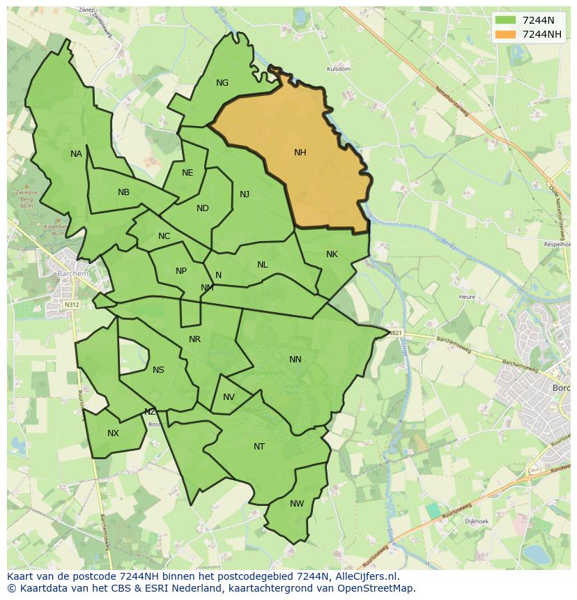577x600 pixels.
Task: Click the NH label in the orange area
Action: [x=300, y=153]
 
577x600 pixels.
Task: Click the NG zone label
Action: [x=222, y=83]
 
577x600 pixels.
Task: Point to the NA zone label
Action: [x=76, y=154]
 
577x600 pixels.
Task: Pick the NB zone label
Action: [x=123, y=192]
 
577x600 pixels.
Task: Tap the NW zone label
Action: [x=297, y=504]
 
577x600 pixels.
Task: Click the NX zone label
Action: [x=113, y=433]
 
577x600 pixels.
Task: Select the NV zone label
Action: [x=229, y=397]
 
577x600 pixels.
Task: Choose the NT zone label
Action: [x=259, y=447]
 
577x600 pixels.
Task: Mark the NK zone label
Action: [x=332, y=254]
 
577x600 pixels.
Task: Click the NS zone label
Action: [x=158, y=370]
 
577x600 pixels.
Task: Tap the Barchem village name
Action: [x=73, y=274]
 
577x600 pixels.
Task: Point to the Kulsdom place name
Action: [x=338, y=70]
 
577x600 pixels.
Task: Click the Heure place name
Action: [x=467, y=297]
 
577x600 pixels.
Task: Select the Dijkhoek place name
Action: [x=477, y=521]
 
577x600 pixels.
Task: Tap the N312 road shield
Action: [x=71, y=305]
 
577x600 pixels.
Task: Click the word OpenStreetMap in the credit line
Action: [x=379, y=588]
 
